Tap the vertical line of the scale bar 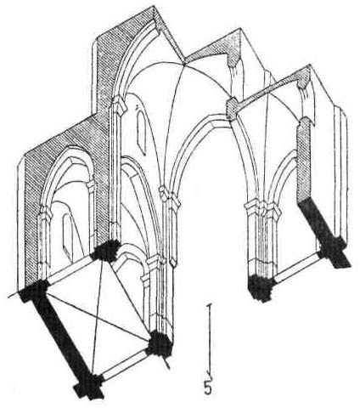210,339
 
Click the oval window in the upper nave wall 142,133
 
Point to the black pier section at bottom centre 159,344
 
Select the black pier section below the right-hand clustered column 260,287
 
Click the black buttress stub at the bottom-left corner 88,389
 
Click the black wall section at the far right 324,232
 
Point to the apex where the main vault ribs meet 184,65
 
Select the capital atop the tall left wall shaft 118,105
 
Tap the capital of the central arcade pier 169,196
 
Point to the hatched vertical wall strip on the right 303,160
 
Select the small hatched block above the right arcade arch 233,108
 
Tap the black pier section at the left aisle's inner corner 105,251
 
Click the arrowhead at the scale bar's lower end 210,371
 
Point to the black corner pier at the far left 33,290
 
